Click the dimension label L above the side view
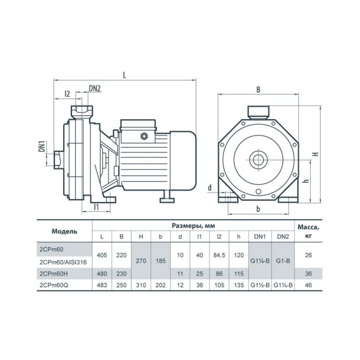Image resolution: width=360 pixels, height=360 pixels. pos(124,75)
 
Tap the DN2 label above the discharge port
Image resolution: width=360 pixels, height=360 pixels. pos(95,88)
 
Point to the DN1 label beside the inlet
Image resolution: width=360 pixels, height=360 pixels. pos(42,146)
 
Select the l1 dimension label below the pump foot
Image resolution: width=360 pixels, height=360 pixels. pos(96,207)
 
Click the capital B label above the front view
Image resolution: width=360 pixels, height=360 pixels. pos(258,89)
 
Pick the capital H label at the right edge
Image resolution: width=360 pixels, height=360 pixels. pos(316,154)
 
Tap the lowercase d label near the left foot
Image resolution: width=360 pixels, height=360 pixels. pos(210,188)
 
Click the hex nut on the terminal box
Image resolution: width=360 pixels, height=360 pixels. pos(144,136)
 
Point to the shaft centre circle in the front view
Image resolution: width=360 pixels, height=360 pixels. pos(258,160)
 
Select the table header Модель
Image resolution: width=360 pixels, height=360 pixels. pos(64,231)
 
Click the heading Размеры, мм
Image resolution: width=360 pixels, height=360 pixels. pos(193,226)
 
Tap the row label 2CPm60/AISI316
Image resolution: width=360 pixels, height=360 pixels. pos(63,262)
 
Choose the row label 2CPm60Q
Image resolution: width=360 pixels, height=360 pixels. pos(54,285)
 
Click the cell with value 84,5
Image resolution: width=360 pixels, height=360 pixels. pos(219,255)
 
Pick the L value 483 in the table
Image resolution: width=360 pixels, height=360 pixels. pos(102,285)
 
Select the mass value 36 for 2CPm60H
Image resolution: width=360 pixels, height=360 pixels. pos(308,274)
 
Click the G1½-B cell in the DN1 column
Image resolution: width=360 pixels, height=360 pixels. pos(260,285)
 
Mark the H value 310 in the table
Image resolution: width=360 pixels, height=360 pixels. pos(141,285)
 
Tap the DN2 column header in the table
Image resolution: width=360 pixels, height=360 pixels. pos(283,236)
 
